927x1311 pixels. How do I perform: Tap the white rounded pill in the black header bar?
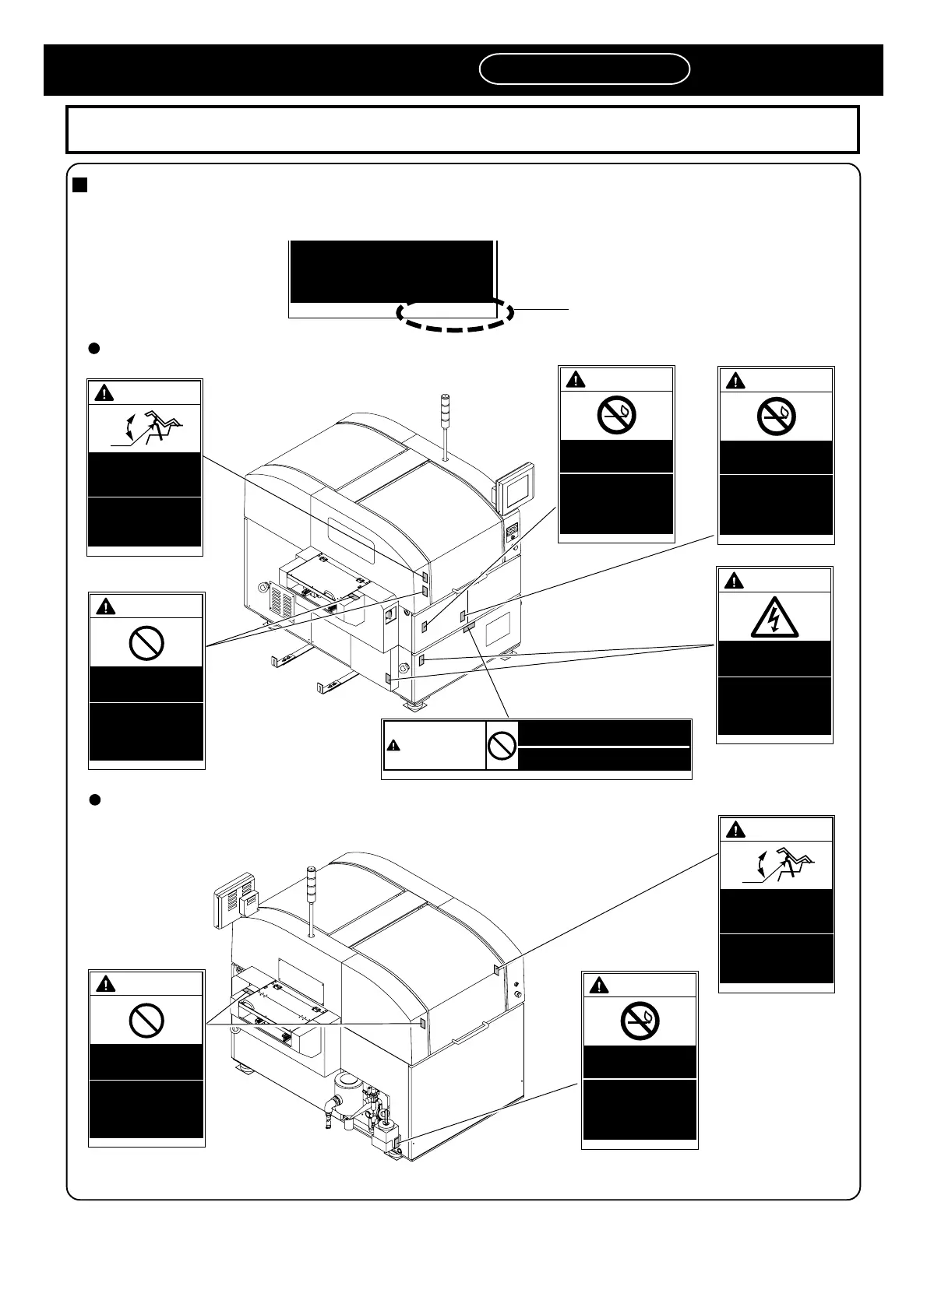pyautogui.click(x=584, y=69)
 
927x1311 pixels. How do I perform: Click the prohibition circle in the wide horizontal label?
pyautogui.click(x=502, y=746)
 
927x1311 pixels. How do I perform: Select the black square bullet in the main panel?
pyautogui.click(x=79, y=185)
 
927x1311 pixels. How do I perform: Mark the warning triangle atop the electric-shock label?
pyautogui.click(x=734, y=581)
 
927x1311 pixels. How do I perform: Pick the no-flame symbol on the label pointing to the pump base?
pyautogui.click(x=640, y=1021)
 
